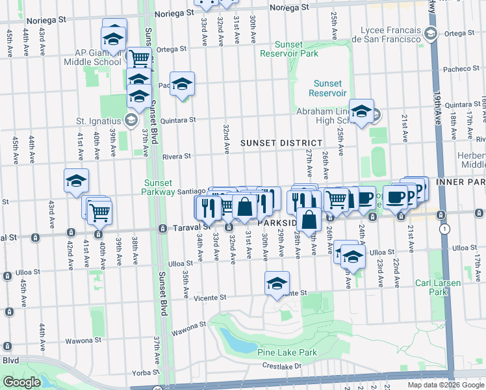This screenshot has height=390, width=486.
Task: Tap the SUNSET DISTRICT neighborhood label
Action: (x=281, y=142)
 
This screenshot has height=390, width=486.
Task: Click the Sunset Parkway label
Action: (x=159, y=187)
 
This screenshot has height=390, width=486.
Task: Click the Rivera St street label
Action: (x=177, y=156)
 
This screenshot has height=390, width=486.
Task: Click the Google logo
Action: (x=21, y=382)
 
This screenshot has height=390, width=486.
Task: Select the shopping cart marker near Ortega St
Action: (x=139, y=58)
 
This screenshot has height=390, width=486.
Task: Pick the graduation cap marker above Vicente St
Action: (x=277, y=283)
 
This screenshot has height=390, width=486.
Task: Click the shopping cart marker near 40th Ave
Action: (x=99, y=212)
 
